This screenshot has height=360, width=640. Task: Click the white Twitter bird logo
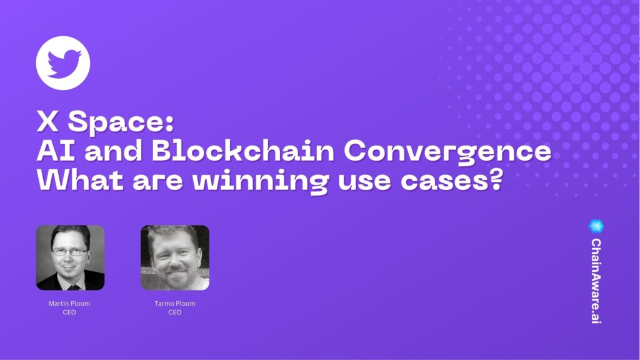click(x=63, y=63)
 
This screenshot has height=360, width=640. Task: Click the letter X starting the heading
click(x=48, y=122)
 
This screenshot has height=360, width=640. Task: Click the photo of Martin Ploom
click(x=70, y=257)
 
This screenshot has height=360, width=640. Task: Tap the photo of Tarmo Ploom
click(x=174, y=257)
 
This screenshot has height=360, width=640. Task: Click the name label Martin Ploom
click(x=70, y=304)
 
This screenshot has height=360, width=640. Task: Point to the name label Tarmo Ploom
click(x=174, y=304)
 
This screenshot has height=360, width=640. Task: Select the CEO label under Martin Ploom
click(x=70, y=312)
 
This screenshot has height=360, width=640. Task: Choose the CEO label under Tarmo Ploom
click(x=174, y=312)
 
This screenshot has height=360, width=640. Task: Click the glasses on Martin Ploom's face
click(x=69, y=252)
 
